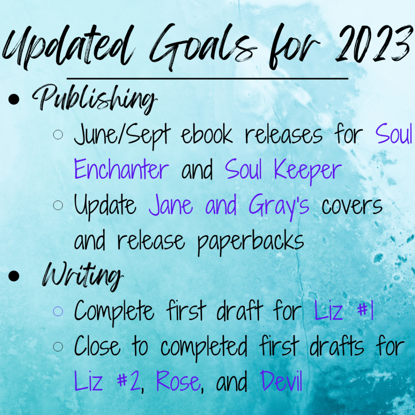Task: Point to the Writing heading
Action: point(82,276)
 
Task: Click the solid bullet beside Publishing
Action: point(14,100)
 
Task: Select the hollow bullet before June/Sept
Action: point(58,135)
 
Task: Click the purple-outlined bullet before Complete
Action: point(58,311)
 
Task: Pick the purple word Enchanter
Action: point(121,169)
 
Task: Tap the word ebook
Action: point(207,135)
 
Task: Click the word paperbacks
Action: point(250,242)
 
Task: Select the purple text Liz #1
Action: point(344,311)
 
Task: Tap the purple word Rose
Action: point(178,381)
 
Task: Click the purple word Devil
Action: point(281,381)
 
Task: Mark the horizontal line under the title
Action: point(207,79)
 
